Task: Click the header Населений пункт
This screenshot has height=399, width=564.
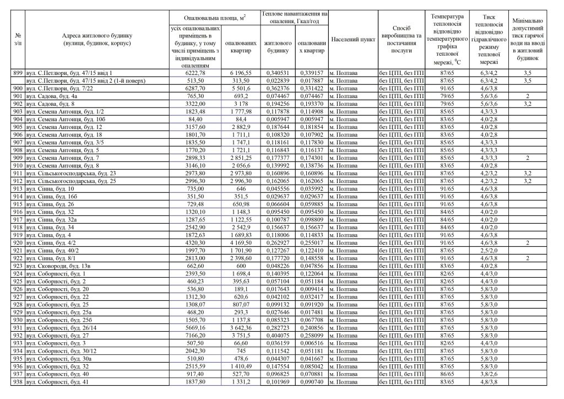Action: [x=352, y=40]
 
